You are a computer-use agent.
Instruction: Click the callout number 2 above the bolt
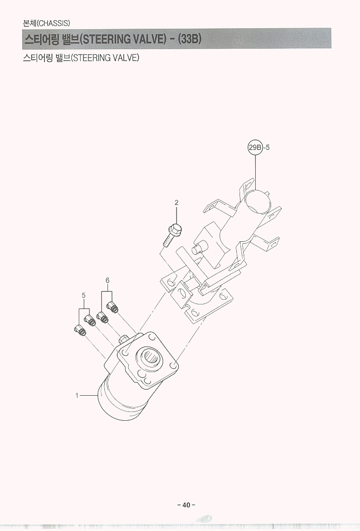177,203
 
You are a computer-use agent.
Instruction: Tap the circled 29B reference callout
255,147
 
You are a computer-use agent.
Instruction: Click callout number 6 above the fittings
107,280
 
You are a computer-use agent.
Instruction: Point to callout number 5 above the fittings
84,295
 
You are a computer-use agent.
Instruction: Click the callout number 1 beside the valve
77,395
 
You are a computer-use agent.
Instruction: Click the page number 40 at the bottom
186,505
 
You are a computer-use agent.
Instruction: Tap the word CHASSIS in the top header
54,23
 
